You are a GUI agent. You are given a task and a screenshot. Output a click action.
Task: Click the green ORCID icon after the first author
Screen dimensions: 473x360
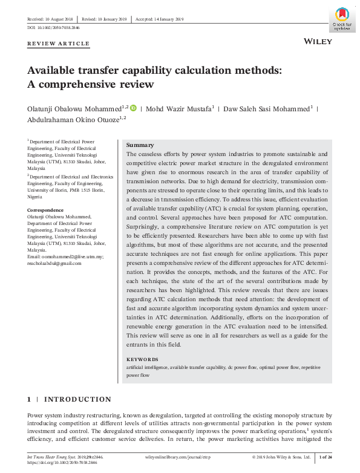(x=134, y=108)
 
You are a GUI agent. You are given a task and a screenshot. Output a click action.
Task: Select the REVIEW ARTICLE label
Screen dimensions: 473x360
(x=59, y=44)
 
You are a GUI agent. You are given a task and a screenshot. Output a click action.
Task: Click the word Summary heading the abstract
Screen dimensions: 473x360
(x=140, y=145)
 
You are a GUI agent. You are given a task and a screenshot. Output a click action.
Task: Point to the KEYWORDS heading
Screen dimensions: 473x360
(x=142, y=359)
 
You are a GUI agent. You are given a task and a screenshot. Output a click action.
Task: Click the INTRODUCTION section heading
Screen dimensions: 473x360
(x=77, y=399)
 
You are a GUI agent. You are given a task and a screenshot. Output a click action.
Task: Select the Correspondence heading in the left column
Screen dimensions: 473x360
(x=47, y=209)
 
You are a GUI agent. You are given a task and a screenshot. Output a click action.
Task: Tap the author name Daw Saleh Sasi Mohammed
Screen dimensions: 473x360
(x=267, y=109)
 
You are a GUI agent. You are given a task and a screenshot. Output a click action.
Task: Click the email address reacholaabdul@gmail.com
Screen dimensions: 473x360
(x=54, y=263)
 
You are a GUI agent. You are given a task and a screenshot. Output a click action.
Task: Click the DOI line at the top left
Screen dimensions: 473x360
(x=54, y=28)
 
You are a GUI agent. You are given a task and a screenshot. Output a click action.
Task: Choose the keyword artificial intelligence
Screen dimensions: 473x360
(x=146, y=367)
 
